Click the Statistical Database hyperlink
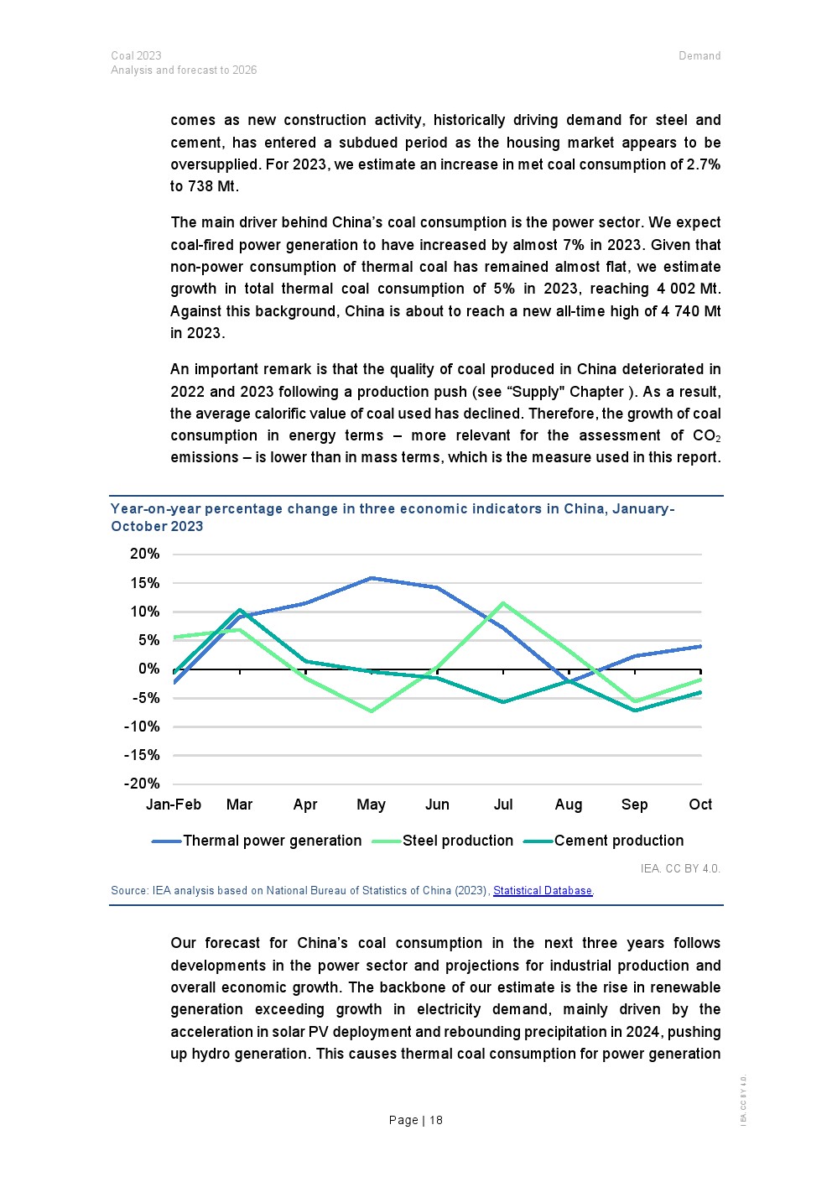[543, 891]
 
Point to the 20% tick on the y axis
[144, 554]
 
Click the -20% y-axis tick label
[142, 784]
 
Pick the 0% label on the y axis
[148, 669]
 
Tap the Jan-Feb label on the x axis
[174, 805]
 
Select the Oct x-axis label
[700, 805]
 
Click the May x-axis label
[371, 805]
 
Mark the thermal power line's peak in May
[371, 578]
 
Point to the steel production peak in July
[502, 603]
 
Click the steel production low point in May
[371, 711]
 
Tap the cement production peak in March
[240, 610]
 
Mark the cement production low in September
[635, 711]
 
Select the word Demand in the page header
[699, 56]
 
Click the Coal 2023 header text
[136, 56]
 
